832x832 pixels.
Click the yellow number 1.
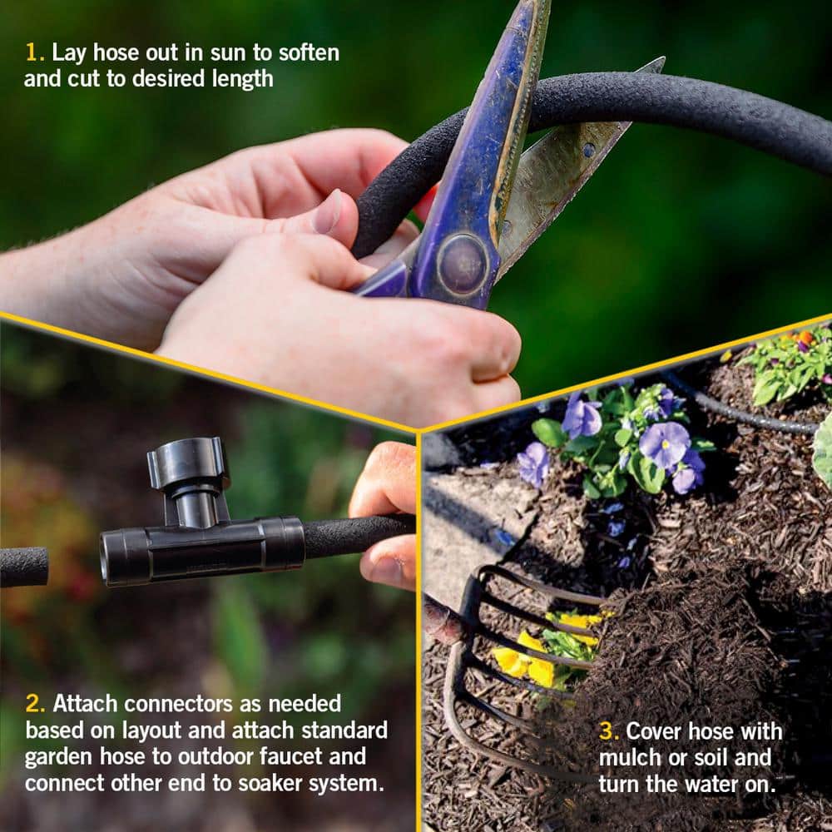pos(33,52)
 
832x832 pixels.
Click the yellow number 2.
pos(34,704)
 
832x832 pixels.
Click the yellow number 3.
pos(608,731)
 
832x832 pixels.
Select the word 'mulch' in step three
pos(626,758)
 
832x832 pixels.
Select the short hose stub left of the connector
pos(22,567)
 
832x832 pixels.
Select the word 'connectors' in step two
pos(180,704)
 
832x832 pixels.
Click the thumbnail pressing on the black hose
pos(327,213)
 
